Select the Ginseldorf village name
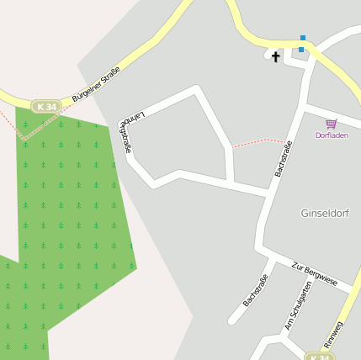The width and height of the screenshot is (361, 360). pos(324,214)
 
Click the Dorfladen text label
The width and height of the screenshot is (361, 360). pos(331,135)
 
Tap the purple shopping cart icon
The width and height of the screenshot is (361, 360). pos(331,124)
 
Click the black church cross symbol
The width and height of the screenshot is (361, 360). pos(275,56)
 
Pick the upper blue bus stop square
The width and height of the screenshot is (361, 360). pos(302,38)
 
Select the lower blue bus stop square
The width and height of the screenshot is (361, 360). pos(301,49)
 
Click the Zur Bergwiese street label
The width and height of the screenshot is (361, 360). pos(313,274)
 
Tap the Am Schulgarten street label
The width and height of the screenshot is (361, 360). pos(298,304)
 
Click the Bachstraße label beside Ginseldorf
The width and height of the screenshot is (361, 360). pos(284,158)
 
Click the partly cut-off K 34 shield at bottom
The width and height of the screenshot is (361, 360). pos(318,357)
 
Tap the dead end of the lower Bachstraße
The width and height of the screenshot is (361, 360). pos(232,320)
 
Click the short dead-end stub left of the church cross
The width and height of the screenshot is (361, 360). pos(268,56)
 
